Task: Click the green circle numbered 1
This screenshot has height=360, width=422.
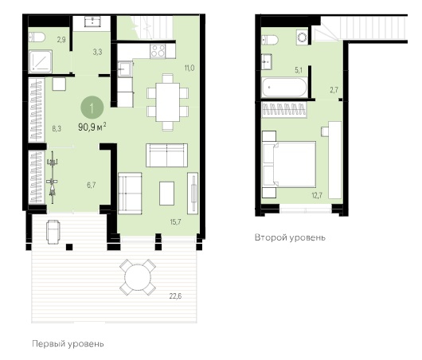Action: click(92, 108)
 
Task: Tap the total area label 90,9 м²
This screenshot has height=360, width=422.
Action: click(92, 127)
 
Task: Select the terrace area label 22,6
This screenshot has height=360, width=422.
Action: click(175, 296)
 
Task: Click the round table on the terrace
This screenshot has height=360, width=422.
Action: click(138, 277)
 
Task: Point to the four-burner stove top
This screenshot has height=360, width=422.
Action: click(158, 51)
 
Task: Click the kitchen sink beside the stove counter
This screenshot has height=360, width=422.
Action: click(124, 69)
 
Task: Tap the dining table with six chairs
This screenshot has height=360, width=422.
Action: click(168, 102)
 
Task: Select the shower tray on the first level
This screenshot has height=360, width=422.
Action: click(40, 61)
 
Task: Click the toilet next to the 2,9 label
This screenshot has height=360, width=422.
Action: click(37, 37)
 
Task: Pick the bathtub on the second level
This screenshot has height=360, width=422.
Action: click(284, 88)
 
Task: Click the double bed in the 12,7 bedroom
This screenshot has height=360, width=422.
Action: click(289, 165)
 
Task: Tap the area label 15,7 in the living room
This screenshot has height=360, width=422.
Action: click(175, 222)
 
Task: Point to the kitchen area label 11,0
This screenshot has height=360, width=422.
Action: click(190, 68)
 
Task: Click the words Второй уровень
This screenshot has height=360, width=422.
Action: click(290, 238)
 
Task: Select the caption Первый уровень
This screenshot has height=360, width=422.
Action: click(68, 344)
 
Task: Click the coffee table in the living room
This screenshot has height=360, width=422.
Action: click(167, 194)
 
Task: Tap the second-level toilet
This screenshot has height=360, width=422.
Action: click(270, 40)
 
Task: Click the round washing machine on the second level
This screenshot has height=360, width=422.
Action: click(302, 37)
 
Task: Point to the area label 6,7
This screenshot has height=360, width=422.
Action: click(92, 185)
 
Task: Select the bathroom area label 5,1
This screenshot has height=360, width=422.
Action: click(299, 70)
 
